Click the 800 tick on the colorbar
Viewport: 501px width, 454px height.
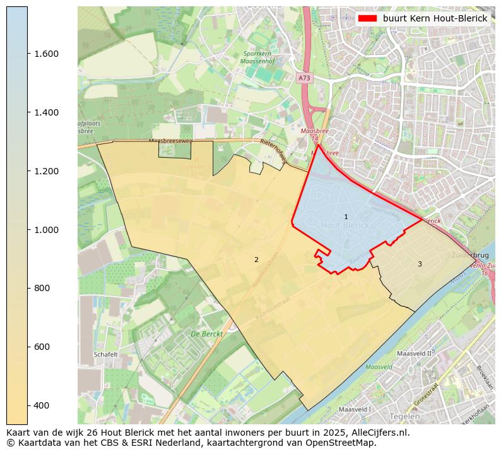41,288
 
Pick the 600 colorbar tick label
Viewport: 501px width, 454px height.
41,347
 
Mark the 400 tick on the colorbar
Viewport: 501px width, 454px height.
41,405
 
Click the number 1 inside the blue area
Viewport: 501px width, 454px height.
346,217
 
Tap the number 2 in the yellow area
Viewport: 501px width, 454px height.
256,260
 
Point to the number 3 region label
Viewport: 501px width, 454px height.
420,264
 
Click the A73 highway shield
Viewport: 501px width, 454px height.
304,78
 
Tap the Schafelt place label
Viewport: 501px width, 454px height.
105,355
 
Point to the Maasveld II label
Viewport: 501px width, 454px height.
417,354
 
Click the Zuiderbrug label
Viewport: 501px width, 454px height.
470,255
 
